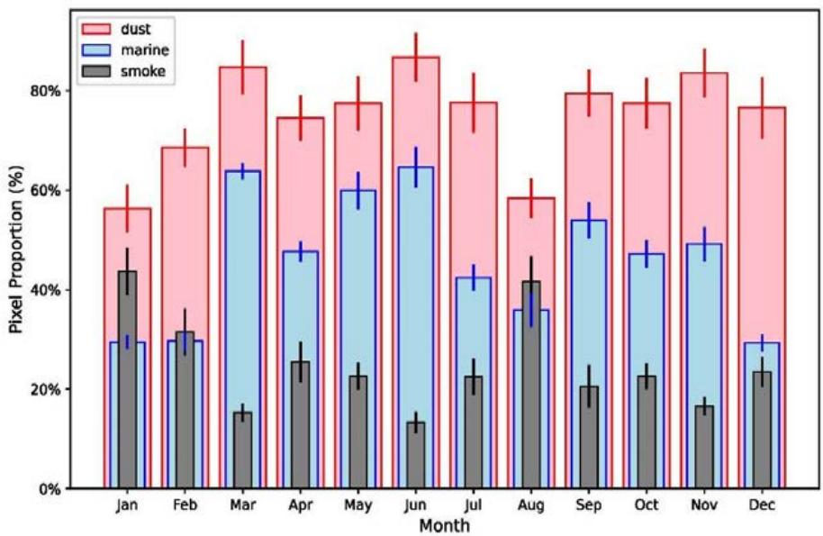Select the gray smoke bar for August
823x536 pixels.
[531, 387]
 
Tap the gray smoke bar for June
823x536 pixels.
[415, 455]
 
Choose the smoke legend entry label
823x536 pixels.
[142, 70]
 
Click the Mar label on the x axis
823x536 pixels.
[242, 505]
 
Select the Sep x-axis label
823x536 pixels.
[589, 505]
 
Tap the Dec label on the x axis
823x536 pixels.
[762, 505]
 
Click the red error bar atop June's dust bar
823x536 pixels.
[415, 57]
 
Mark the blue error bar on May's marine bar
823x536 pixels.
[357, 190]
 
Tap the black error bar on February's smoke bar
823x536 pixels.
[185, 331]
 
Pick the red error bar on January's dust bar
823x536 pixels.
[127, 208]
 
